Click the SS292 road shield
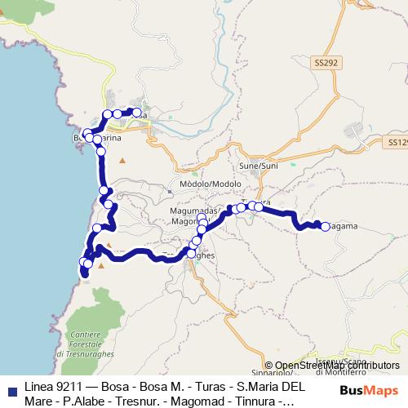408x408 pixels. click(324, 61)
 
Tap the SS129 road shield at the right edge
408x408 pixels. click(397, 142)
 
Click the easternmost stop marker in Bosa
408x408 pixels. click(137, 113)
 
